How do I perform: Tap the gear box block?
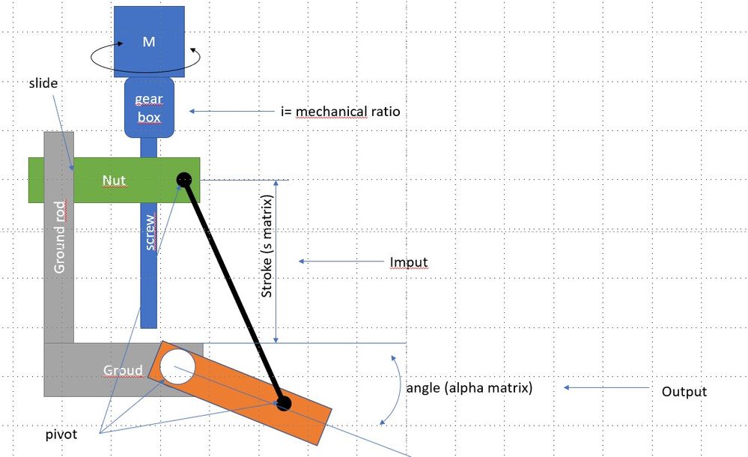pos(148,109)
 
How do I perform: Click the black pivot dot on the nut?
pos(184,180)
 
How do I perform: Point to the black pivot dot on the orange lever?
pos(283,405)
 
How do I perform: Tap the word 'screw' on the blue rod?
pos(150,234)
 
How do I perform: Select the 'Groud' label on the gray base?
pos(123,370)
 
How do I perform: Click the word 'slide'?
pos(43,83)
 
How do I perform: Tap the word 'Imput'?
pos(408,262)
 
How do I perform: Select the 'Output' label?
pos(684,392)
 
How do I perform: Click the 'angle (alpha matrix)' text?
pos(469,388)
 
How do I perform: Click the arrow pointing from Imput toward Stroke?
pos(341,261)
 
